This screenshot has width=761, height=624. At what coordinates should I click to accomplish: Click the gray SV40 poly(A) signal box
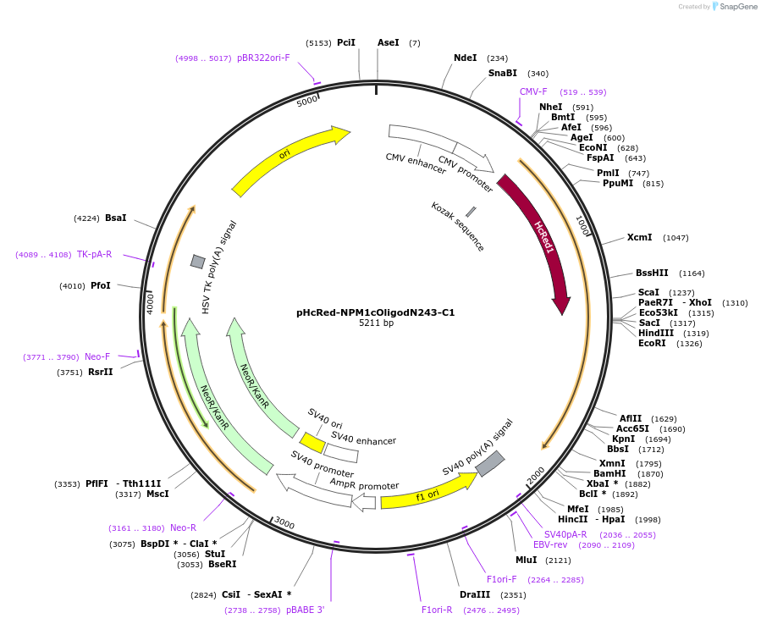click(489, 463)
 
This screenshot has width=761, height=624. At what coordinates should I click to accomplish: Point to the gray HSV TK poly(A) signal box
click(197, 262)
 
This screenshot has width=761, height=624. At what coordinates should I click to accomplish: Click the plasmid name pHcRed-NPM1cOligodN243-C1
click(375, 312)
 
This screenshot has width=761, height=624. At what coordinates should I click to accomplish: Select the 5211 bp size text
click(376, 323)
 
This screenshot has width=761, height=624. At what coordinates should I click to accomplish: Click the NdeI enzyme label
click(465, 58)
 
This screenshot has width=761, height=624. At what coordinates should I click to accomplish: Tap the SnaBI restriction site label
click(502, 74)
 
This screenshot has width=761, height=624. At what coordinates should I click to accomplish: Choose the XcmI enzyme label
click(639, 238)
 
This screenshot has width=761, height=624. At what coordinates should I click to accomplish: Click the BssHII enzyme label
click(652, 273)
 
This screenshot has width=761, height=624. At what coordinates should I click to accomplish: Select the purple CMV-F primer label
click(533, 91)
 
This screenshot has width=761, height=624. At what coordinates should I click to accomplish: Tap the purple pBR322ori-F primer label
click(263, 58)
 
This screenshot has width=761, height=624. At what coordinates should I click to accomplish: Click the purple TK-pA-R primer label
click(94, 254)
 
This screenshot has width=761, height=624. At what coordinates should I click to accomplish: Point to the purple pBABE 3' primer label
click(305, 610)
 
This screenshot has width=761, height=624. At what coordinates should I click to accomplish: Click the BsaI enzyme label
click(115, 218)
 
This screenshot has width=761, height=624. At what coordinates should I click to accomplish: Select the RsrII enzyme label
click(100, 372)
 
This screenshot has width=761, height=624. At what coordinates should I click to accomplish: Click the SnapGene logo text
click(737, 7)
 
